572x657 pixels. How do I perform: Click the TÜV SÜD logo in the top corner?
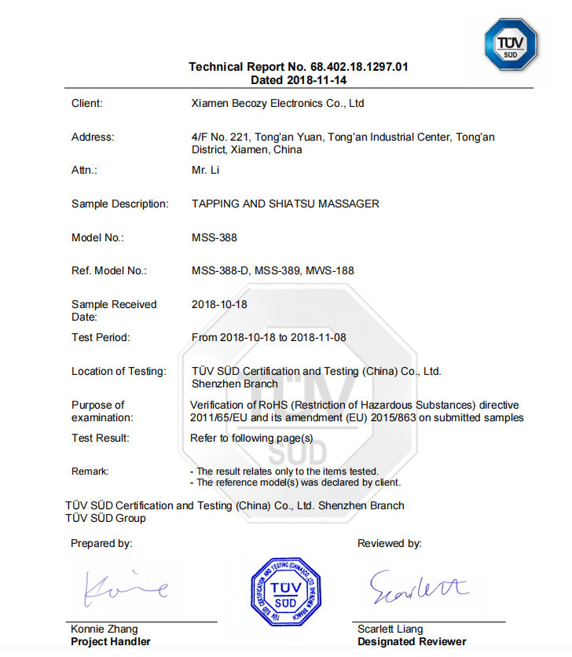510,44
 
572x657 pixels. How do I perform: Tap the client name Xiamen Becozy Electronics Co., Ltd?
277,103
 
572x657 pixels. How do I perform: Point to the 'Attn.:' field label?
84,170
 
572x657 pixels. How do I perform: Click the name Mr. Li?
205,170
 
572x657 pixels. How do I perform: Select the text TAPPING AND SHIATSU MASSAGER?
285,204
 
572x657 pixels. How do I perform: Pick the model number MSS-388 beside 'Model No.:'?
214,237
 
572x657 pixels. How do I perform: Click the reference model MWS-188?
329,270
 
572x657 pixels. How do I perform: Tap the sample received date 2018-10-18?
220,304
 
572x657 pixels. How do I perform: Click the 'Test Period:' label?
101,337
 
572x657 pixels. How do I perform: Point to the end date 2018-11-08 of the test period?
318,337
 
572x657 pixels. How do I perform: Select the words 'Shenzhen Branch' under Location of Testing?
234,384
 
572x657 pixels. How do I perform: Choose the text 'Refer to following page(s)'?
251,438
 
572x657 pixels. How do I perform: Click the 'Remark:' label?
90,471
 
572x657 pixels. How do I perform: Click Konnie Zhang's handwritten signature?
126,587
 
